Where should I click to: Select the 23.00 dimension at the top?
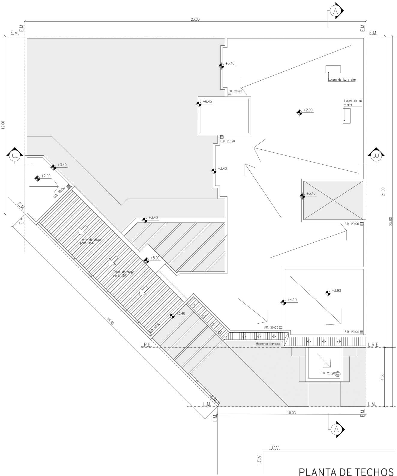click(x=195, y=19)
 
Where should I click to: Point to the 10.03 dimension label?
click(x=291, y=413)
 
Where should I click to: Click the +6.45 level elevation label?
click(x=207, y=102)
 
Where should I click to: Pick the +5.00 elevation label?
click(x=155, y=258)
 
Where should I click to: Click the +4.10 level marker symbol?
click(x=283, y=302)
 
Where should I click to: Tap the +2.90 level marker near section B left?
click(x=38, y=178)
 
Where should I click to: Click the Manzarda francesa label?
click(x=268, y=344)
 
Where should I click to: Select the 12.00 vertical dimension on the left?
click(x=3, y=125)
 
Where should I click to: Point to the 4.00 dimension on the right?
click(x=382, y=376)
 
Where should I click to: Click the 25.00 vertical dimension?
click(x=390, y=221)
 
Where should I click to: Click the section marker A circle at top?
click(x=335, y=11)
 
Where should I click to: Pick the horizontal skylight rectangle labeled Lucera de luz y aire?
click(x=333, y=69)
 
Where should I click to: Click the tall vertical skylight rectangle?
click(x=347, y=115)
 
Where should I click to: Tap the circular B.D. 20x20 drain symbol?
click(x=338, y=374)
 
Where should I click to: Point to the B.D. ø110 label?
click(x=154, y=328)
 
